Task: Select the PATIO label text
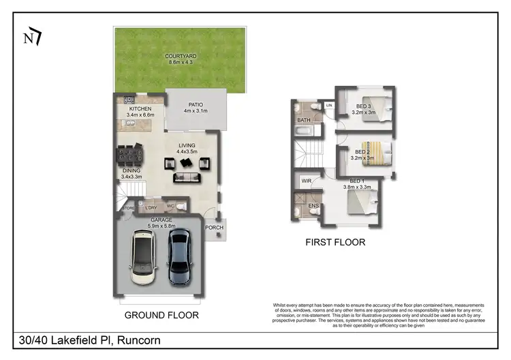pos(196,104)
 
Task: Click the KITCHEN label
pos(140,109)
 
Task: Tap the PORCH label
pos(215,228)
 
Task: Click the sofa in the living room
pos(186,178)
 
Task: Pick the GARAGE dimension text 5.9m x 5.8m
pos(161,226)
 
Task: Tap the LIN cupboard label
pos(328,106)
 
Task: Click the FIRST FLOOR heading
pos(335,242)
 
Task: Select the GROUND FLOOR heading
pos(161,315)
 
